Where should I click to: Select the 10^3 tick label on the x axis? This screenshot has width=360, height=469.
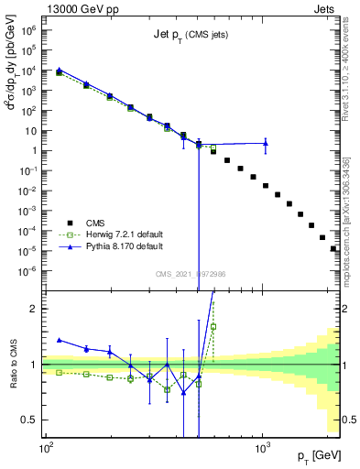262,451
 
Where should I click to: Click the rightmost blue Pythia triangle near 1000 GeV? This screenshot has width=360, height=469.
265,142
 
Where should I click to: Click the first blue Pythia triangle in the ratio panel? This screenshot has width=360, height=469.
60,339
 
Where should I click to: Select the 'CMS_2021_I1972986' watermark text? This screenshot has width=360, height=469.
191,272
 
